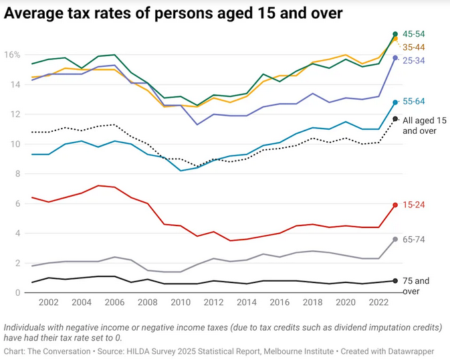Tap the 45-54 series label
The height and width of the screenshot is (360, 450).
[413, 34]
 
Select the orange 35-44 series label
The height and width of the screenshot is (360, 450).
[413, 48]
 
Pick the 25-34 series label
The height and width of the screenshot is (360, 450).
[413, 61]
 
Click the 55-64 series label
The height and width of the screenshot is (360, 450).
[413, 102]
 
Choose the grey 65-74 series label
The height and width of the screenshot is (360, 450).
[413, 240]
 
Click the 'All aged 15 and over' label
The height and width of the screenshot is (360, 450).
[424, 125]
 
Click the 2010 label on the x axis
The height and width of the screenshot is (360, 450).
[181, 302]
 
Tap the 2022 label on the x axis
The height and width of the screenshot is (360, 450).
[378, 302]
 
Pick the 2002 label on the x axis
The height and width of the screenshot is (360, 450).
[49, 302]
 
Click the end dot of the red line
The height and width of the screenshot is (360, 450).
[395, 205]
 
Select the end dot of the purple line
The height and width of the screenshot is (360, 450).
[395, 58]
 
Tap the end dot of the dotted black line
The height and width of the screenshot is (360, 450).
[395, 119]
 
